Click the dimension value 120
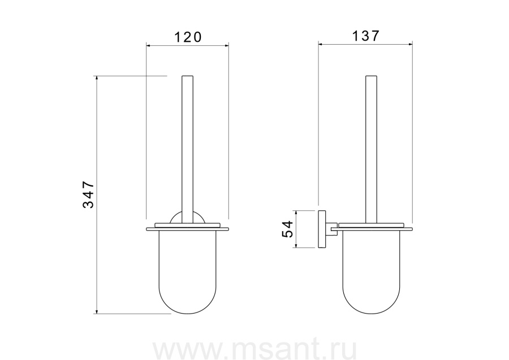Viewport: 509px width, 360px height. click(x=188, y=37)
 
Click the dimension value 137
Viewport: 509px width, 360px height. click(x=365, y=36)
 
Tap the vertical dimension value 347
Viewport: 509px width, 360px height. click(x=88, y=194)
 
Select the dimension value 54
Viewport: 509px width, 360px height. click(x=288, y=229)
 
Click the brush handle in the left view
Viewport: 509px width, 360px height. click(x=188, y=150)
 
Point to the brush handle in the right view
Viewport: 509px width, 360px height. click(x=372, y=150)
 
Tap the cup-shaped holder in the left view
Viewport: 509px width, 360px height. click(x=188, y=272)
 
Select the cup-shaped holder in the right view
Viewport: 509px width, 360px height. click(x=372, y=272)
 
